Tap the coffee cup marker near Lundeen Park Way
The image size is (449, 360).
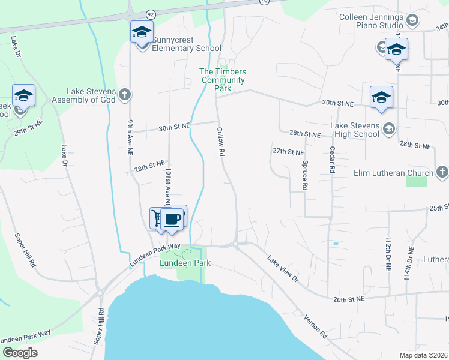[173, 219]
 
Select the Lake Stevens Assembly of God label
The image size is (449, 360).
[91, 95]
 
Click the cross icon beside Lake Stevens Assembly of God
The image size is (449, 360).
[125, 94]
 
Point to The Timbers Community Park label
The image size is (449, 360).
[223, 80]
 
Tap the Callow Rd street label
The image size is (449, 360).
[221, 142]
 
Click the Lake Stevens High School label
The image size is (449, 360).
[355, 130]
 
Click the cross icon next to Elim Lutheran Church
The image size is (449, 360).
[442, 173]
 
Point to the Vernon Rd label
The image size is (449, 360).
[315, 327]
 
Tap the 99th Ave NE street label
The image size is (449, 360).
[129, 137]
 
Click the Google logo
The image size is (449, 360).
[20, 353]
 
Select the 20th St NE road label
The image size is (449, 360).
[348, 299]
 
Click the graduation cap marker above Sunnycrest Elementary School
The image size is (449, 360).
[142, 32]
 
